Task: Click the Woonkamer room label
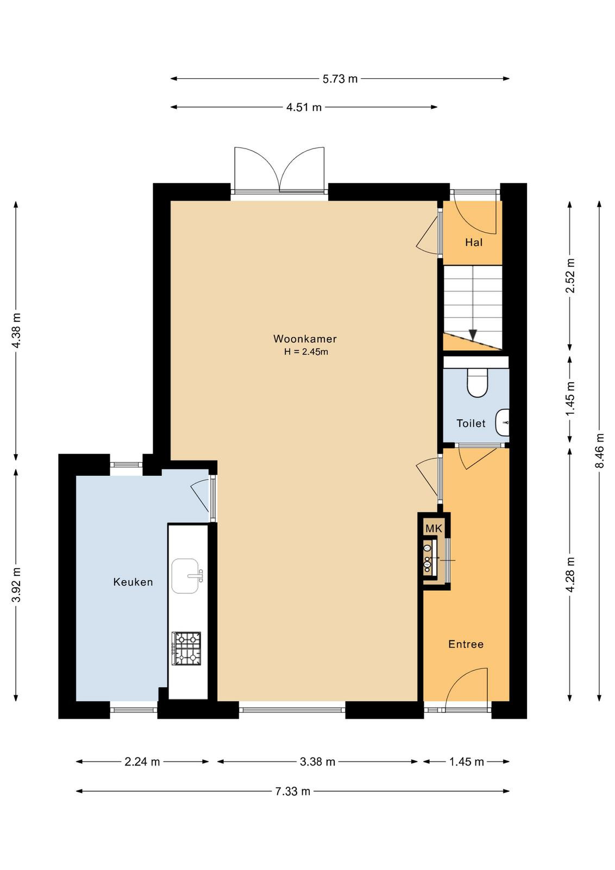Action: [x=305, y=339]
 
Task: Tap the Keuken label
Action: [x=133, y=582]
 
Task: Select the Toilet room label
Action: [x=470, y=424]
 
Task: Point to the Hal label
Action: [x=474, y=243]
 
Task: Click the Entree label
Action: [x=466, y=644]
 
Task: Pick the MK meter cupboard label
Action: [x=434, y=528]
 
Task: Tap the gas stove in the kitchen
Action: [x=186, y=649]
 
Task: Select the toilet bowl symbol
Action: [x=477, y=383]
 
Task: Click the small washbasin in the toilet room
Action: [x=503, y=422]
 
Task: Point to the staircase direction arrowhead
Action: [x=473, y=335]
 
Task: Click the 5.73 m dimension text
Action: [x=340, y=79]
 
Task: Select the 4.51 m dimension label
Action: [x=304, y=107]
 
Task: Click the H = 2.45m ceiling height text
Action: [x=306, y=352]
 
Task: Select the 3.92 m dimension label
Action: [x=16, y=585]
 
